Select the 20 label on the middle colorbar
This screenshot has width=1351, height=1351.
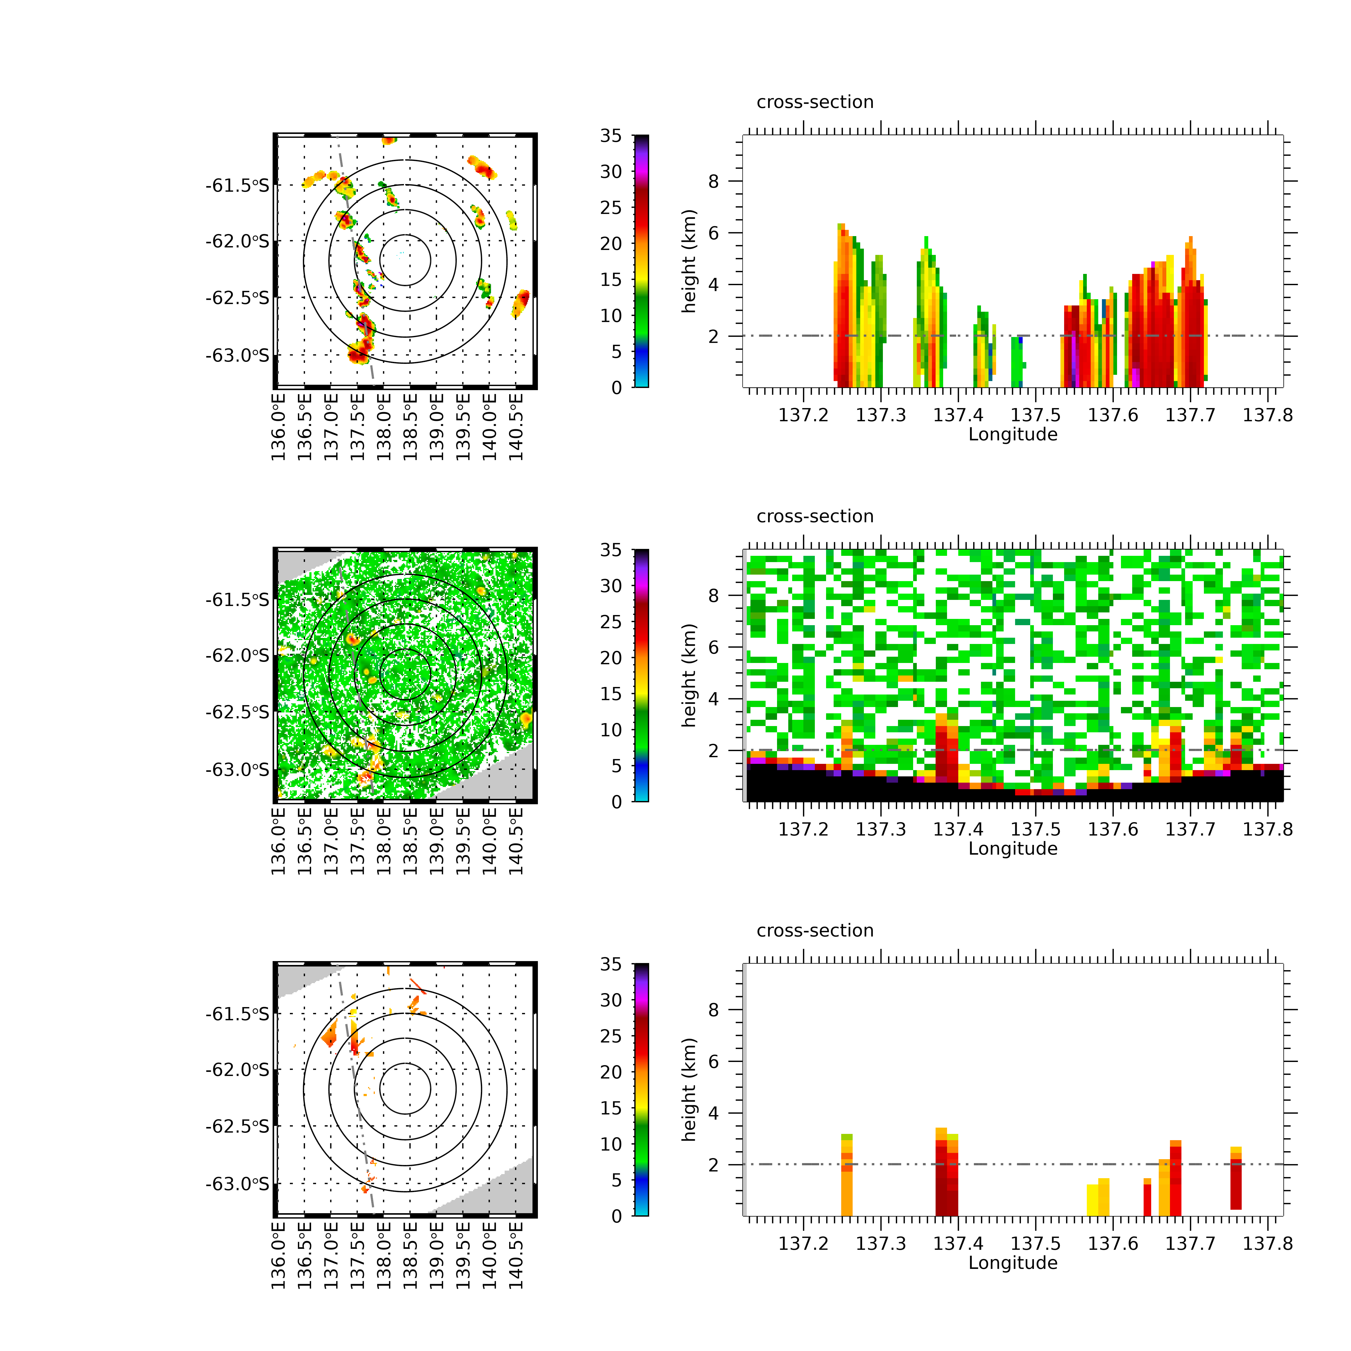coord(610,658)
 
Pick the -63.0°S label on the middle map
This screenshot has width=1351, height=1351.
coord(236,770)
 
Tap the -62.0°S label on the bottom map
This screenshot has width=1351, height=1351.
coord(236,1070)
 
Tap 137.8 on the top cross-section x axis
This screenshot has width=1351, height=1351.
coord(1267,415)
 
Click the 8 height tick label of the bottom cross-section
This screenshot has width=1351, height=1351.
coord(713,1010)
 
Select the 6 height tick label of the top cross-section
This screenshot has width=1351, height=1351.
coord(713,233)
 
